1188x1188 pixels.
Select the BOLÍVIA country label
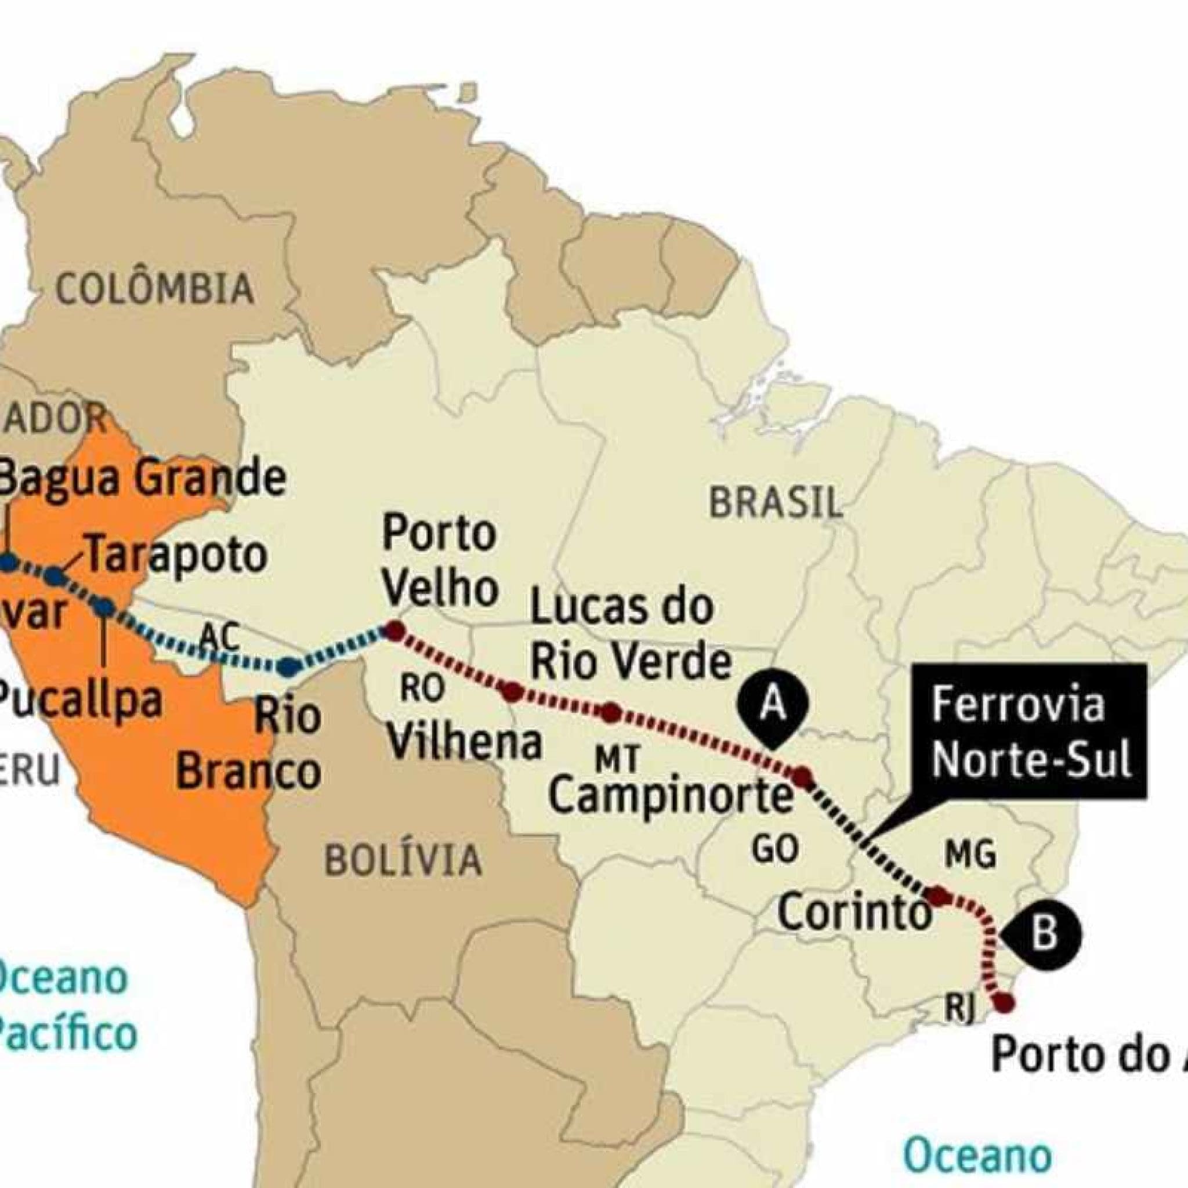click(x=403, y=860)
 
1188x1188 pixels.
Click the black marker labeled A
click(x=773, y=707)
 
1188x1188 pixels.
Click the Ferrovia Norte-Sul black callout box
click(x=1031, y=731)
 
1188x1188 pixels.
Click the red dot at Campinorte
click(x=802, y=777)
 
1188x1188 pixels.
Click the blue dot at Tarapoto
click(x=55, y=576)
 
